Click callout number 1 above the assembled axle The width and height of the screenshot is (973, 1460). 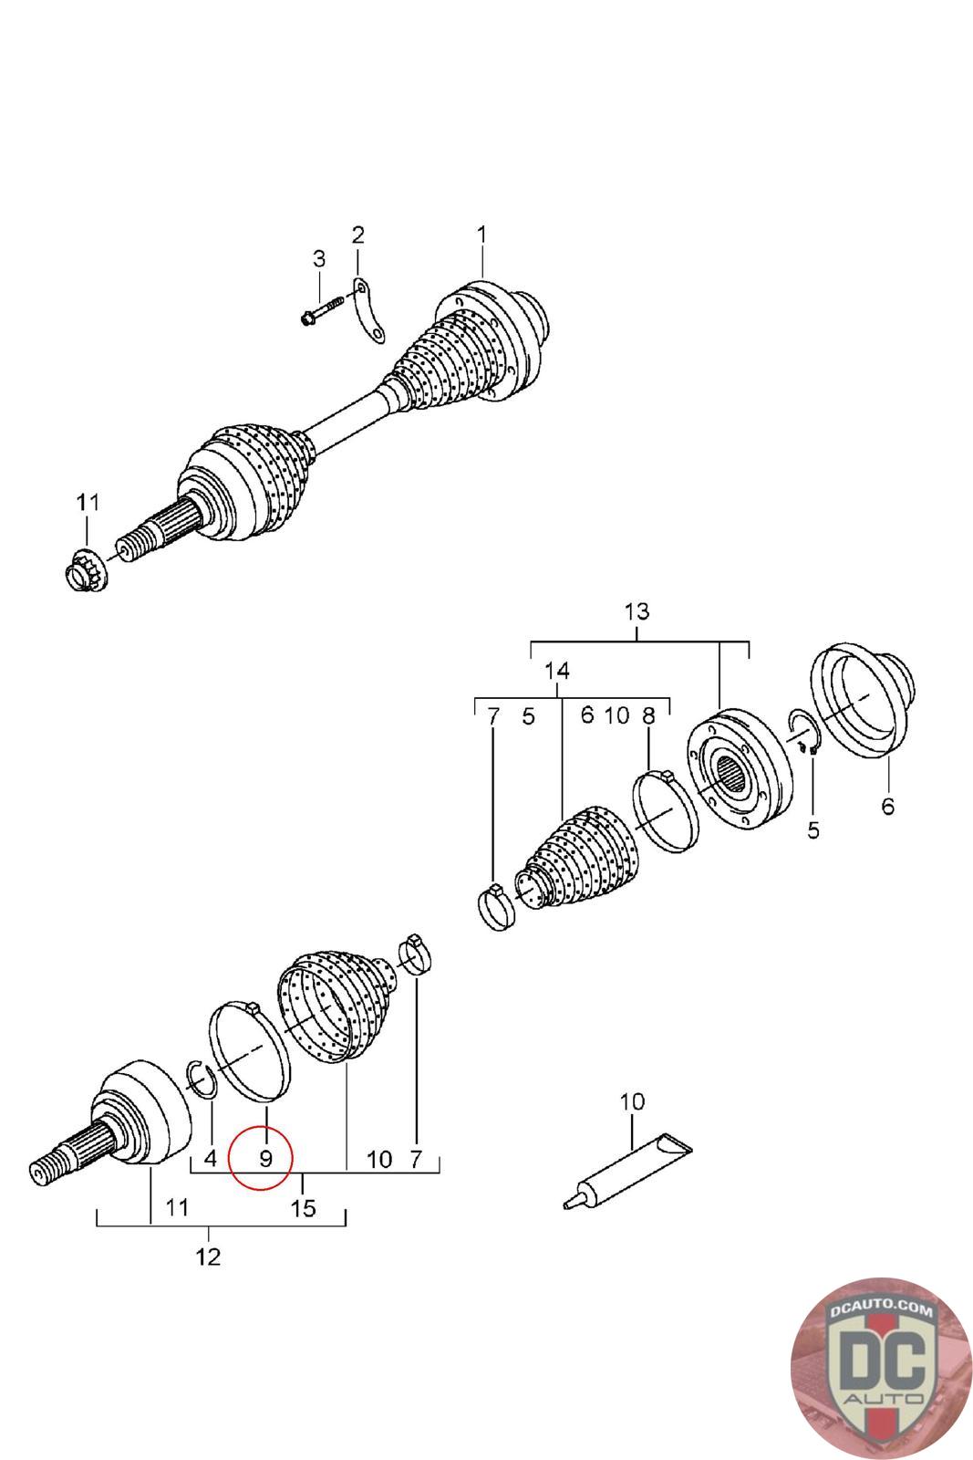click(481, 235)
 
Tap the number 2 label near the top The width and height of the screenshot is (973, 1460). click(357, 235)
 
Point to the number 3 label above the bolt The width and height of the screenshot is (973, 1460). click(319, 259)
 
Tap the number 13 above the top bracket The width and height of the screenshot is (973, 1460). click(637, 611)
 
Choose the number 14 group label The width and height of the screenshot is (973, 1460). click(557, 670)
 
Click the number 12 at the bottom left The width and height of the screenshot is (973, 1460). click(209, 1257)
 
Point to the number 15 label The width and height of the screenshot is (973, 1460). click(303, 1208)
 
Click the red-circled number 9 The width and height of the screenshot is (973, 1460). click(265, 1159)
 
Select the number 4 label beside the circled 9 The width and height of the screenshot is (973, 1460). click(210, 1159)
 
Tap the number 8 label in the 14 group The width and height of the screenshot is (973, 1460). click(648, 715)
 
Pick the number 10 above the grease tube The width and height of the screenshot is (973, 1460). click(632, 1101)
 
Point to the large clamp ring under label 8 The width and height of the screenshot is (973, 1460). click(666, 810)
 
